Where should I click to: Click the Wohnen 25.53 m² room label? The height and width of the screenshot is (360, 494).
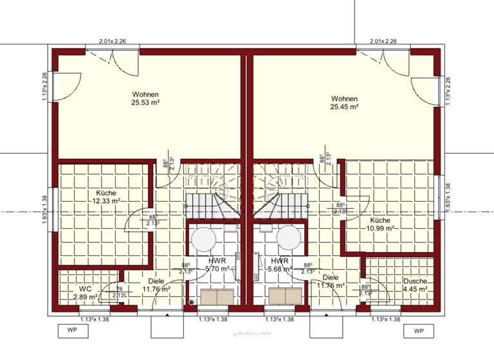[x=145, y=98]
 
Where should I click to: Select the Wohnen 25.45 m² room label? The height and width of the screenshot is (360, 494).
[x=344, y=102]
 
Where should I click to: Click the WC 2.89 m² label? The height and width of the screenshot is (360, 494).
[x=85, y=293]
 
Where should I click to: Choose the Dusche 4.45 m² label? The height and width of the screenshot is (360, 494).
[x=415, y=285]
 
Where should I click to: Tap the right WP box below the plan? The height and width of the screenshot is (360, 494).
[x=419, y=331]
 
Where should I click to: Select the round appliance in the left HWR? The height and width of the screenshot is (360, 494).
[x=203, y=239]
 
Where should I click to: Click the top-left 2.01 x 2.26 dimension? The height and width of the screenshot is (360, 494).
[x=113, y=41]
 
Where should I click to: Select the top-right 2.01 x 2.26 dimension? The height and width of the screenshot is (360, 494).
[x=383, y=41]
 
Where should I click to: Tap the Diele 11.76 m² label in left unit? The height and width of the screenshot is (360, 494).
[x=156, y=285]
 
